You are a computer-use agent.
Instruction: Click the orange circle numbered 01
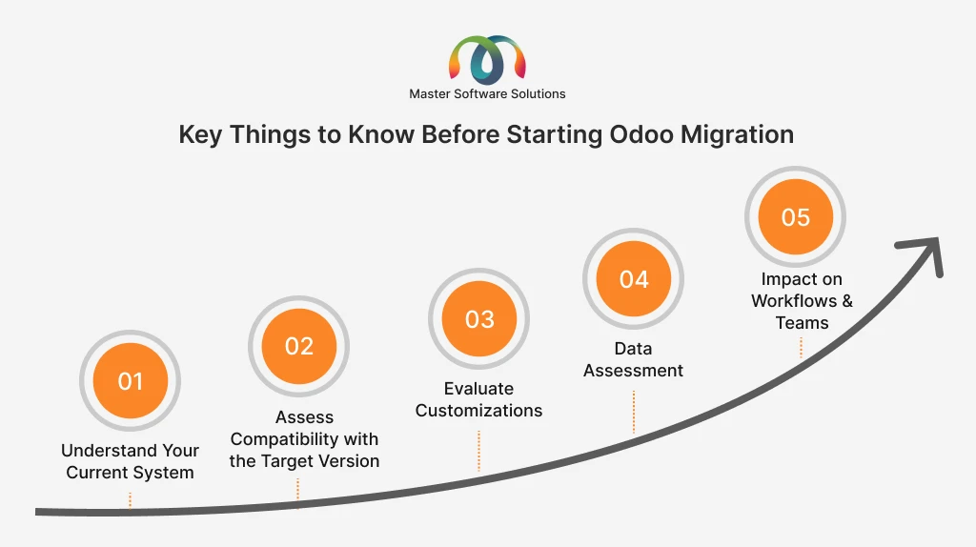[x=130, y=380]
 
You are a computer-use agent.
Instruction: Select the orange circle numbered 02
[x=298, y=346]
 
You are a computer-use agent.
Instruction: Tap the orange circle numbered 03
[x=478, y=318]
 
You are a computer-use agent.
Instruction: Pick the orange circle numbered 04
[x=633, y=279]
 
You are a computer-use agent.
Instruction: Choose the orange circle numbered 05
[x=796, y=216]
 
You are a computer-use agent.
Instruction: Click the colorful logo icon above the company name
[x=487, y=60]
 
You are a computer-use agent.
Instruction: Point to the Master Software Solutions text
[x=487, y=94]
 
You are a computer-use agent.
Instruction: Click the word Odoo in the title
[x=641, y=134]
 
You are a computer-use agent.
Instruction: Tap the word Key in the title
[x=200, y=135]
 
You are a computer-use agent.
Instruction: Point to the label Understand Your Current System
[x=130, y=461]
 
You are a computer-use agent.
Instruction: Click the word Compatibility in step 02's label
[x=286, y=439]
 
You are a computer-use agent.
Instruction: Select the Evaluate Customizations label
[x=478, y=399]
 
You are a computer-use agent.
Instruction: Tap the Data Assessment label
[x=633, y=359]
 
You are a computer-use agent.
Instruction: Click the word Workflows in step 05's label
[x=794, y=301]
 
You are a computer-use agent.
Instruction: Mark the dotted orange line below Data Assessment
[x=634, y=412]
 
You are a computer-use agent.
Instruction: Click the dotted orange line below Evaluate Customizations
[x=478, y=451]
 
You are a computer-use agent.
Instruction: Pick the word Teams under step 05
[x=802, y=323]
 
